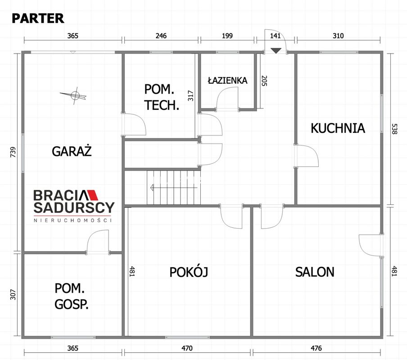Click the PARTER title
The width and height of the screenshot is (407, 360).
(x=38, y=18)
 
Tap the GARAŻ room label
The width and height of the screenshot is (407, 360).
(x=72, y=151)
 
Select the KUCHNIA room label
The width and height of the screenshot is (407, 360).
(x=338, y=128)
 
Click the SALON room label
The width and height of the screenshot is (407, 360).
(x=315, y=272)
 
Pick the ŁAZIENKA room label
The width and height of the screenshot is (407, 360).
(x=228, y=80)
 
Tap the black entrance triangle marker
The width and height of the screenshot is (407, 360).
(x=276, y=50)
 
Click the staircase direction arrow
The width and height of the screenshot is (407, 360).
(x=174, y=187)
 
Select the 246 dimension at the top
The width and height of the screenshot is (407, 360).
(x=161, y=36)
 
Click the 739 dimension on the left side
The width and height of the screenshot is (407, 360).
(x=13, y=152)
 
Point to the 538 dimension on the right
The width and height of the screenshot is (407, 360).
(x=394, y=129)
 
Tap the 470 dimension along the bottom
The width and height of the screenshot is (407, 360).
(x=187, y=348)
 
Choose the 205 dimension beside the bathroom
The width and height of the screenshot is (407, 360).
(x=264, y=81)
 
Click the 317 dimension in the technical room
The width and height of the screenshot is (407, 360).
(x=191, y=95)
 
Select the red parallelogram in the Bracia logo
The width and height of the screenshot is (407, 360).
(x=92, y=195)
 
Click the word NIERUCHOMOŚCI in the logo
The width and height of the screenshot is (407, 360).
(x=72, y=220)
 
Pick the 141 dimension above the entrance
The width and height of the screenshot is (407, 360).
(x=276, y=36)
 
